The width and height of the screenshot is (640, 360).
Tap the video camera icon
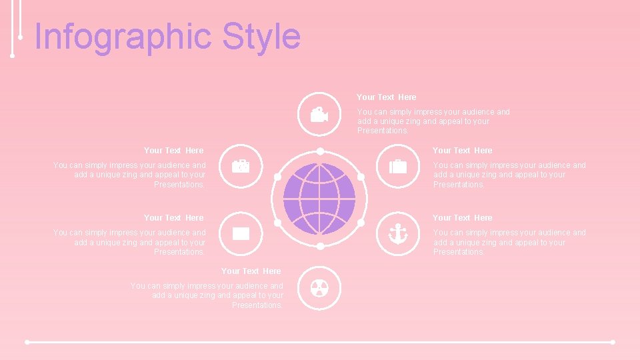(319, 115)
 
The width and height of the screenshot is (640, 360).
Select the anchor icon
(398, 233)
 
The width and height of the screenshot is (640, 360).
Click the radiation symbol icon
(319, 288)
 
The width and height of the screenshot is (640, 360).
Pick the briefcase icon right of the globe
(398, 166)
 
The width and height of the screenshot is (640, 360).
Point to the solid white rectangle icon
(241, 233)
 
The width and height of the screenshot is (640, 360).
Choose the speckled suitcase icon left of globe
(241, 166)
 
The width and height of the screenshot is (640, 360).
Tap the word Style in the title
(261, 36)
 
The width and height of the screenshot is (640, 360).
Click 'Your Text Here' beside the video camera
(386, 97)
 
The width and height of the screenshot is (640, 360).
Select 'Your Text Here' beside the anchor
(462, 218)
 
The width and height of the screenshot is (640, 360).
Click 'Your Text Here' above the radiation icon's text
(251, 271)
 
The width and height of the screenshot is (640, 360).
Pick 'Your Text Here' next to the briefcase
(462, 151)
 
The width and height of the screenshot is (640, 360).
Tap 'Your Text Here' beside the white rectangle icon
(173, 218)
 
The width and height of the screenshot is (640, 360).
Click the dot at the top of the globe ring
(320, 151)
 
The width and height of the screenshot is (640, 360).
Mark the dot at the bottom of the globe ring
(320, 246)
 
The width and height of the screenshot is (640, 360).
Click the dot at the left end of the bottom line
(27, 342)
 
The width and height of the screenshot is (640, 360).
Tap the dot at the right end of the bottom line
(612, 342)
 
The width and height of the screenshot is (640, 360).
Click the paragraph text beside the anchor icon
(509, 242)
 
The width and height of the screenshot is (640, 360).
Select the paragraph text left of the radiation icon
(207, 295)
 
